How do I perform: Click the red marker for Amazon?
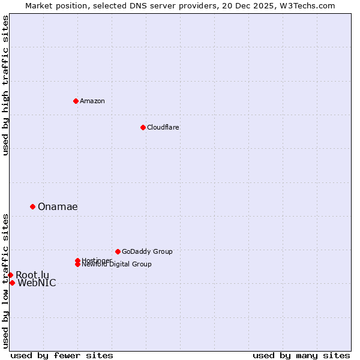pos(76,101)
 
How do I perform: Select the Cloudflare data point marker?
pos(143,127)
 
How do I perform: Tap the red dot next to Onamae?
pos(32,206)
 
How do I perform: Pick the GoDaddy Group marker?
pos(118,251)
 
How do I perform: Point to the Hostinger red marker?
pos(77,260)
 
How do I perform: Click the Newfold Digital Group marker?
pos(78,265)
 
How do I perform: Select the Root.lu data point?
pos(10,275)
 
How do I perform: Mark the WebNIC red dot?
pos(12,283)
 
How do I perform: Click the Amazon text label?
pos(92,101)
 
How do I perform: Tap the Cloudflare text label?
pos(163,127)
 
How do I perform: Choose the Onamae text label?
pos(58,206)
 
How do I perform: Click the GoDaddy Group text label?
pos(147,251)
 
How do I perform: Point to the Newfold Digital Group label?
pos(117,265)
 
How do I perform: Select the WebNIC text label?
pos(37,283)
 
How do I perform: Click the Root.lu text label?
pos(32,275)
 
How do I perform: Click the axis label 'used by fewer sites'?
pos(62,355)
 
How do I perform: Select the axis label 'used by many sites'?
pos(301,355)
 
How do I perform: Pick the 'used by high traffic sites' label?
pos(5,85)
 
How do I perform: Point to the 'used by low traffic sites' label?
pos(5,281)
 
